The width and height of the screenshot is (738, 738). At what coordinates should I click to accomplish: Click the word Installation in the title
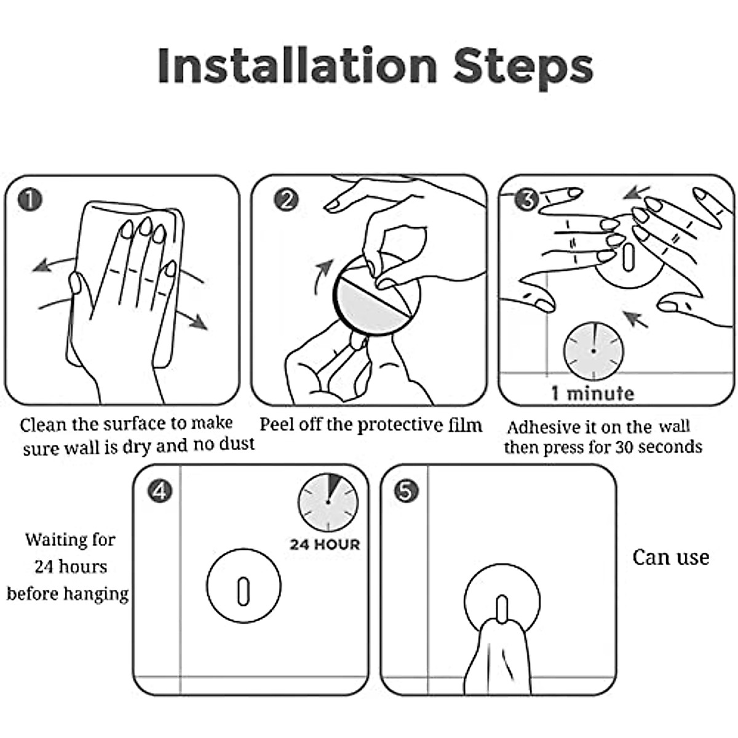[297, 65]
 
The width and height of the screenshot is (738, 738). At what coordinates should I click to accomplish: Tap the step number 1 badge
[30, 200]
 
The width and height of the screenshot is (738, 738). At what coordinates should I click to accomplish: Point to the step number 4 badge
[160, 491]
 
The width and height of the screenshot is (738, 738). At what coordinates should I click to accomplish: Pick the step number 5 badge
[407, 491]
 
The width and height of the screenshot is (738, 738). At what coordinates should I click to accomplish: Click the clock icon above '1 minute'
[593, 351]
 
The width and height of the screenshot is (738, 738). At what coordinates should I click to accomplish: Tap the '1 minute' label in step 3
[593, 394]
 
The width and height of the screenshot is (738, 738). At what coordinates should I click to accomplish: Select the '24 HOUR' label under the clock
[325, 545]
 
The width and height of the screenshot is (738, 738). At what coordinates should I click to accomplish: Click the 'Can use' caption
[670, 558]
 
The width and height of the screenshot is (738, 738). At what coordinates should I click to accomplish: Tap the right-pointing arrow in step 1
[193, 319]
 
